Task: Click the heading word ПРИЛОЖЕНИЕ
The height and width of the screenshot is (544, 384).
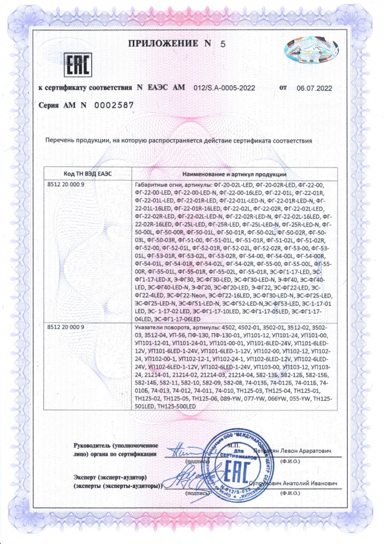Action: click(162, 44)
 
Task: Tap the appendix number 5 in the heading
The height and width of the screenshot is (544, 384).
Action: click(222, 44)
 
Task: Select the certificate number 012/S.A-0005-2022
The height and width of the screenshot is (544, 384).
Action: click(226, 88)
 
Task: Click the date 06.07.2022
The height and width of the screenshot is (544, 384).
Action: click(315, 88)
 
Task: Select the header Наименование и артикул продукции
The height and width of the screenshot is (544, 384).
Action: click(234, 173)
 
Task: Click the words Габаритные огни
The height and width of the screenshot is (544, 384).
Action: click(152, 183)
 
